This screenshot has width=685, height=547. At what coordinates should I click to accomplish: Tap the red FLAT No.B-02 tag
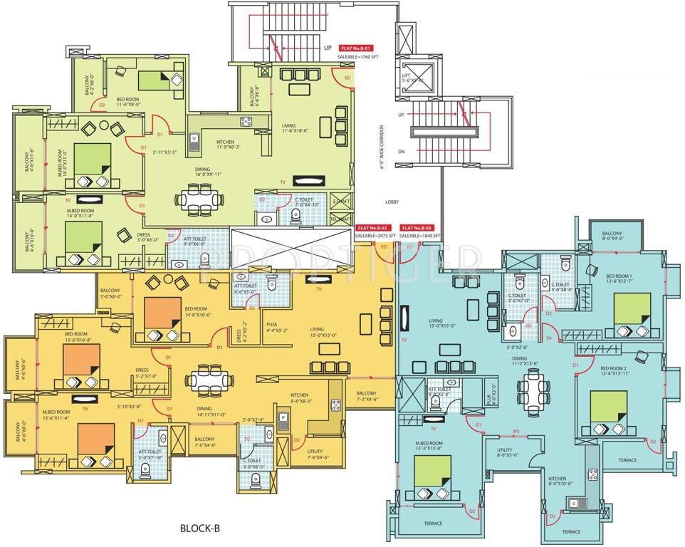(x=372, y=228)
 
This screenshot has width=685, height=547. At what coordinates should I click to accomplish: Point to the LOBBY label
(x=392, y=202)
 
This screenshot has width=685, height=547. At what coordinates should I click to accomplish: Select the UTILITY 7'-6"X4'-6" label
(x=315, y=454)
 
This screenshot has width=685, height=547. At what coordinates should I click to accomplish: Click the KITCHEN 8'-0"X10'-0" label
(x=559, y=481)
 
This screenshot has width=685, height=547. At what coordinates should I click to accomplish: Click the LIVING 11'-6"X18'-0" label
(x=298, y=128)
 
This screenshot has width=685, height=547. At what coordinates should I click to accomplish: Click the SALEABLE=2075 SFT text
(x=375, y=236)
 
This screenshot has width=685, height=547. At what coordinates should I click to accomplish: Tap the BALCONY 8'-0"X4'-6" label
(x=612, y=236)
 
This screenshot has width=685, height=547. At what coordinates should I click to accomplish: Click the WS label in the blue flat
(x=516, y=431)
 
